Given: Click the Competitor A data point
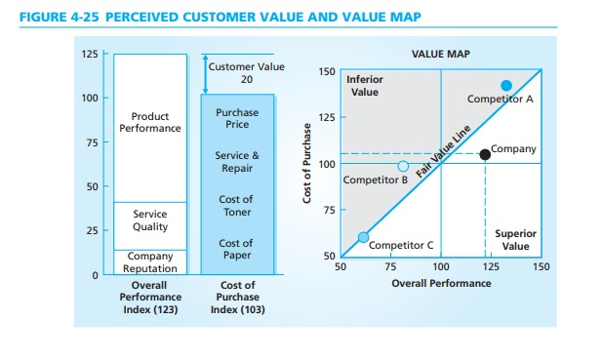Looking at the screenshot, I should point(506,86).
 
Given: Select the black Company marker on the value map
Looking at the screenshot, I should point(485,154).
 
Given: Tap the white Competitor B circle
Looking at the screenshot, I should point(403,166).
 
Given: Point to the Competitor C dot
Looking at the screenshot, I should point(363,237).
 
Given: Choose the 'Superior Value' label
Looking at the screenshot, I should point(509,240).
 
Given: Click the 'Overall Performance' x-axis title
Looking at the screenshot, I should point(441,283).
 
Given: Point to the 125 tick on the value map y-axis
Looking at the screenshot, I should point(327,118).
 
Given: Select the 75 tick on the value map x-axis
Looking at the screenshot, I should point(390,266).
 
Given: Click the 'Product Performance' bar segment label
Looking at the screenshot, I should point(150,122).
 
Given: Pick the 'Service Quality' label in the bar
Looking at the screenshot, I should point(150,220).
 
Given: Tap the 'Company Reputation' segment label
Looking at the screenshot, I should point(150,261).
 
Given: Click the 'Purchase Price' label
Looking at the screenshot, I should point(237,118).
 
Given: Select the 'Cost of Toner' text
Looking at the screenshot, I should point(237,206).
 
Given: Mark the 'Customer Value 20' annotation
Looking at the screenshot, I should point(246,73).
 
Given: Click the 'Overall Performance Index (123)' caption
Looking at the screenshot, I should point(149,298).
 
